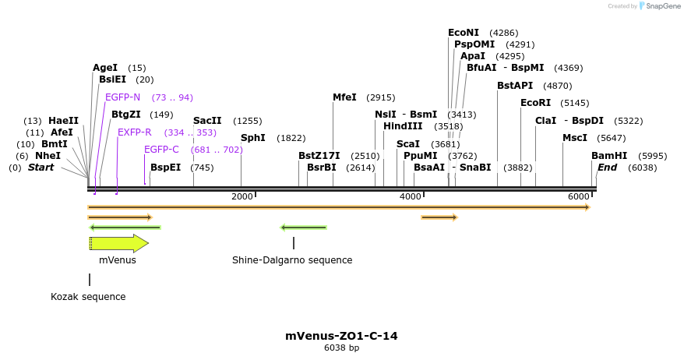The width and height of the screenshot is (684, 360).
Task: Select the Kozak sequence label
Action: point(88,297)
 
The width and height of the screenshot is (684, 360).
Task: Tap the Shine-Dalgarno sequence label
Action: point(292,260)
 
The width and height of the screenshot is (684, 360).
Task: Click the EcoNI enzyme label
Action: point(464,33)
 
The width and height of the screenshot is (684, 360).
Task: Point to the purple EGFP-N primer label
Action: point(123,97)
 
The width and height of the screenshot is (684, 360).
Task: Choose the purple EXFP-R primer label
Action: point(135,132)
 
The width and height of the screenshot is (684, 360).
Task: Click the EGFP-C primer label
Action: point(161,150)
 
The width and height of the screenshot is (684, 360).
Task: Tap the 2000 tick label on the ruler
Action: point(242,196)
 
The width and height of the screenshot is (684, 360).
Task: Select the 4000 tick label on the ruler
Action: point(411,196)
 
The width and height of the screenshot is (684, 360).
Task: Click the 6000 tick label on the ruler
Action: point(579,196)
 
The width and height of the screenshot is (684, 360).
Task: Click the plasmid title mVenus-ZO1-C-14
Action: point(341,336)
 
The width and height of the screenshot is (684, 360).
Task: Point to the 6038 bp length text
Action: point(341,348)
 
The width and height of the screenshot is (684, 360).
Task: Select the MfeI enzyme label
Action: point(344,97)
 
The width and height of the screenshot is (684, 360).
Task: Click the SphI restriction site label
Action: point(253,138)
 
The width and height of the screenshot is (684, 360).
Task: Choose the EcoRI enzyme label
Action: point(535,103)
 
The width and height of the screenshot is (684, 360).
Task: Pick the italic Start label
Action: point(41,168)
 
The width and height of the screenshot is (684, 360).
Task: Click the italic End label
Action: point(607,168)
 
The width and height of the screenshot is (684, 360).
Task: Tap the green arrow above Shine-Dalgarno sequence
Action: point(303,228)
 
